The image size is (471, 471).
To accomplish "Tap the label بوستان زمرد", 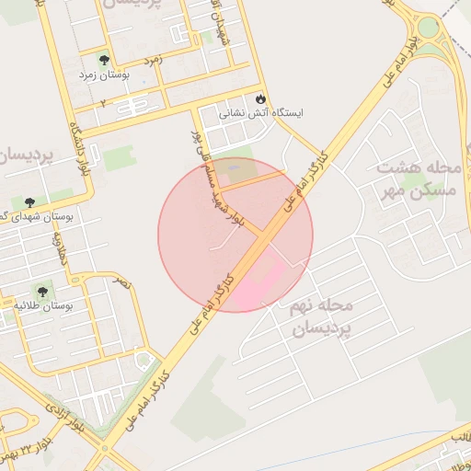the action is pyautogui.click(x=101, y=74).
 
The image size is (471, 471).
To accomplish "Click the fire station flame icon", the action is pyautogui.click(x=260, y=98).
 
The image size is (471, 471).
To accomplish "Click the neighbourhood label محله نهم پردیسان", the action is pyautogui.click(x=320, y=316).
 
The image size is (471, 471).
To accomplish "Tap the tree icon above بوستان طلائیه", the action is pyautogui.click(x=43, y=292).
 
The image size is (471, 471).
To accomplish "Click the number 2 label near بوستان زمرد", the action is pyautogui.click(x=102, y=102).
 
